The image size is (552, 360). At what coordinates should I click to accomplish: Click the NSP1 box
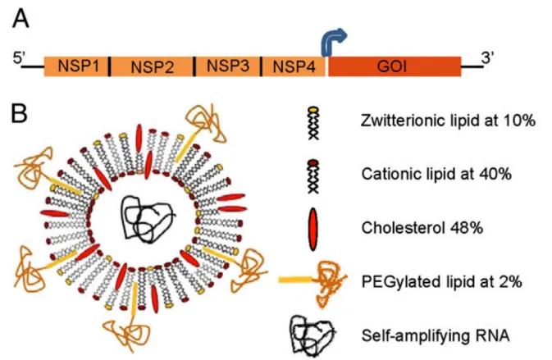(75, 66)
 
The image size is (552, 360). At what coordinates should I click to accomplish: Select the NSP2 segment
(152, 66)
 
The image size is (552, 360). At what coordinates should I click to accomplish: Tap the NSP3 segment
(228, 66)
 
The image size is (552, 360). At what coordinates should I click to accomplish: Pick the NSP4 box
(294, 66)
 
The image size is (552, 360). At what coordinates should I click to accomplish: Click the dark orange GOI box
(395, 66)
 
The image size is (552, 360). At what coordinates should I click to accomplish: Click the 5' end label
(19, 58)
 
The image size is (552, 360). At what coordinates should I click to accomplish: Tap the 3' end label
(486, 57)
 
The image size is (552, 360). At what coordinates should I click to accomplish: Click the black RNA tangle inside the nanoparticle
(147, 218)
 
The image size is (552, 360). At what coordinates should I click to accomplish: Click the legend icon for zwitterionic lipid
(313, 123)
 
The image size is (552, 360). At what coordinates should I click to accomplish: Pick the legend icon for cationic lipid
(313, 176)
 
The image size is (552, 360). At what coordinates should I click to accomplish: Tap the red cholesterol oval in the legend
(312, 229)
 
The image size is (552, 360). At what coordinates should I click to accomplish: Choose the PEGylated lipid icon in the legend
(312, 281)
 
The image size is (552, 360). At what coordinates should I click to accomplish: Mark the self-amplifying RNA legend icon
(312, 335)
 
